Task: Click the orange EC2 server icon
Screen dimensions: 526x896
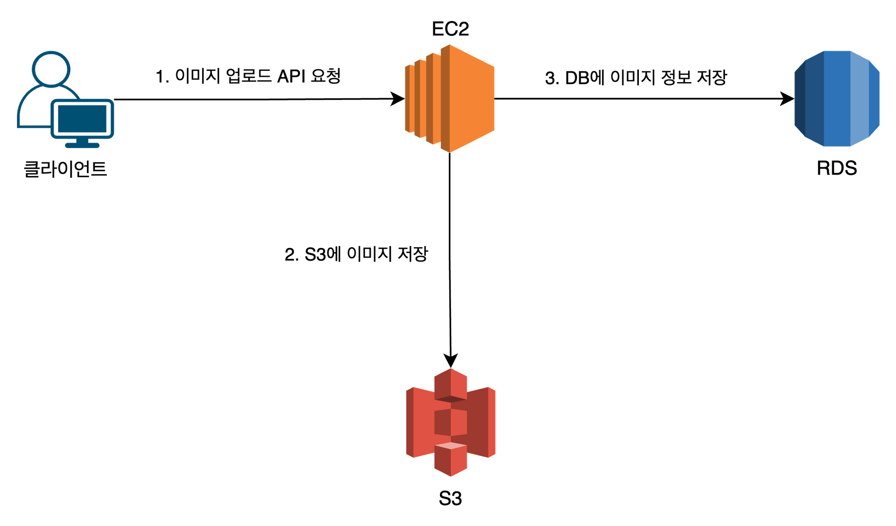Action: [x=450, y=99]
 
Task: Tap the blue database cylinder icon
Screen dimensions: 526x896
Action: [x=836, y=99]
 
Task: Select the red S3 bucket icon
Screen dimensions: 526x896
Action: [x=451, y=422]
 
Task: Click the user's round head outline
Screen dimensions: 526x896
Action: [x=51, y=68]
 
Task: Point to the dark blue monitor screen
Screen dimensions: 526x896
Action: [x=82, y=118]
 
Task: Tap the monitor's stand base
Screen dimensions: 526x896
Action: [x=82, y=145]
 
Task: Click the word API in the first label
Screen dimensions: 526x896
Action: [x=291, y=77]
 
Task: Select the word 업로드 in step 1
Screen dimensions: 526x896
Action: [x=249, y=77]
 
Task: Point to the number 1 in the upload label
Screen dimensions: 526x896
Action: [x=160, y=77]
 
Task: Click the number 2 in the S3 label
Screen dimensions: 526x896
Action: [x=290, y=255]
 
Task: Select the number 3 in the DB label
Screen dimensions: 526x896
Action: [x=550, y=78]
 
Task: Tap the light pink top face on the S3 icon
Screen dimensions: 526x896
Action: [x=451, y=446]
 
